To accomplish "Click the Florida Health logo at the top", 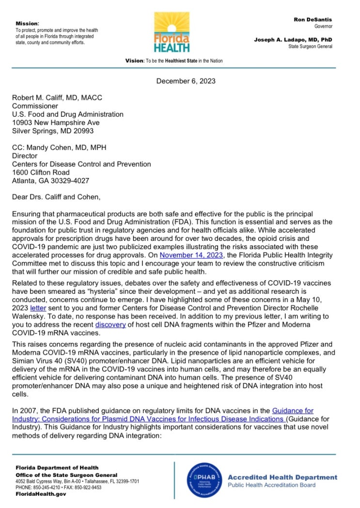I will [172, 32].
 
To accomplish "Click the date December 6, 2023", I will [186, 81].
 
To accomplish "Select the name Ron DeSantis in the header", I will [313, 19].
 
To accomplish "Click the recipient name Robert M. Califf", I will [57, 97].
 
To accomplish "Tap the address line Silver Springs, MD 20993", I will [53, 131].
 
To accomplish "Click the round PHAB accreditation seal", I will [204, 480].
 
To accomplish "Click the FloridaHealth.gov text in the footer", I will [41, 494].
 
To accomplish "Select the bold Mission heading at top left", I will [27, 23].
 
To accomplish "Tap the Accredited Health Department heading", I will [282, 477].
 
